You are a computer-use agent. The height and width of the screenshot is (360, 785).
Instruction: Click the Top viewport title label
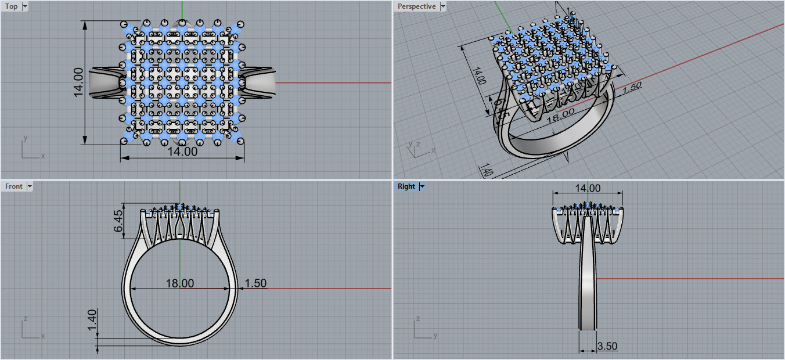(12, 6)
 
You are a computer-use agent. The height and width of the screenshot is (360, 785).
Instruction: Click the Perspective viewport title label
(416, 6)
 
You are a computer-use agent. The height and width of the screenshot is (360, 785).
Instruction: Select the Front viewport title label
(14, 186)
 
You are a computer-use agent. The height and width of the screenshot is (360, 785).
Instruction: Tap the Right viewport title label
(406, 186)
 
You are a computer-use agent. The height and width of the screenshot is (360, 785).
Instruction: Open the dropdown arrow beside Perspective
(444, 6)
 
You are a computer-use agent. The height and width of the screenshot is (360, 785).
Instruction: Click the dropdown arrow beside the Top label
(25, 6)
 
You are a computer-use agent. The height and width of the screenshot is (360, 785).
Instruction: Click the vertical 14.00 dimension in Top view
(78, 82)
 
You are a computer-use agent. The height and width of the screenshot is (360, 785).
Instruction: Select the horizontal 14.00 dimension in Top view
(182, 152)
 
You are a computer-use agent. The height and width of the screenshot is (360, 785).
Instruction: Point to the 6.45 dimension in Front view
(119, 221)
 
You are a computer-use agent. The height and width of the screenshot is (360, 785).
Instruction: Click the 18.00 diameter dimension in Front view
(180, 283)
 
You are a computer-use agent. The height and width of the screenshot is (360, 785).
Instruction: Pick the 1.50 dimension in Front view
(255, 283)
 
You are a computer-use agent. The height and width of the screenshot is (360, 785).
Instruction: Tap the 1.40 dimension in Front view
(92, 321)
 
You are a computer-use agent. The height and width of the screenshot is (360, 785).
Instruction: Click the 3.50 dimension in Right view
(607, 347)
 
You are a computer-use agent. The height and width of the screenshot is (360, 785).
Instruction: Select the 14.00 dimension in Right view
(587, 188)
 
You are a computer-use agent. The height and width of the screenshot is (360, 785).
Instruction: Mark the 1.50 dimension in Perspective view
(631, 87)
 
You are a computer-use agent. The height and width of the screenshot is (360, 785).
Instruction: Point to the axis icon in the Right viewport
(423, 329)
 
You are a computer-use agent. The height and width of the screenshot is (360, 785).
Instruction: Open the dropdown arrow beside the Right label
(422, 186)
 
